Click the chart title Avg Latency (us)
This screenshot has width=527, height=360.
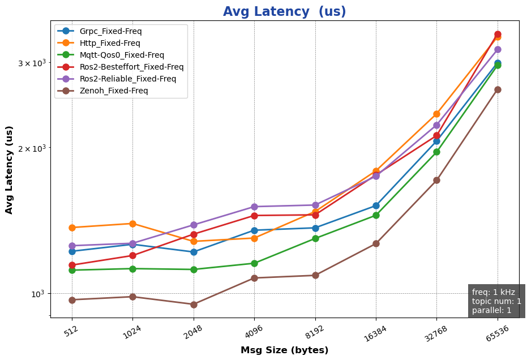(284, 12)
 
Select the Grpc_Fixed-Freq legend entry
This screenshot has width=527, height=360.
(110, 31)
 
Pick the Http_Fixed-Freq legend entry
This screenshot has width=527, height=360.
(110, 43)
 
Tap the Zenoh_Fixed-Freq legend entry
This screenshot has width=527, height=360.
(114, 91)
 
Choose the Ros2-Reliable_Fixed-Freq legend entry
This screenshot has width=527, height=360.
(128, 79)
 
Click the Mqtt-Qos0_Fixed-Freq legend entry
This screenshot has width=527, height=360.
(122, 55)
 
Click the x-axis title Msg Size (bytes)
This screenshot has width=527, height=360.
(284, 350)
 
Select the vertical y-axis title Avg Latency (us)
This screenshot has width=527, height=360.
(10, 178)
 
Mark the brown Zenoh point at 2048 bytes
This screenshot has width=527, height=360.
(194, 305)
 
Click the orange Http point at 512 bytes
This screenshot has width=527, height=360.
(72, 228)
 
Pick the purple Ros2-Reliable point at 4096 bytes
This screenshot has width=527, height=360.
(254, 207)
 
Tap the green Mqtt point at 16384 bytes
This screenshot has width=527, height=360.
(376, 215)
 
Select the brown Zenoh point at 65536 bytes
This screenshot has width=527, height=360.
(498, 89)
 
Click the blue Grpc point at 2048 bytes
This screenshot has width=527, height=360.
(194, 252)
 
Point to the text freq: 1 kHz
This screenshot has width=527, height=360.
(494, 292)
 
